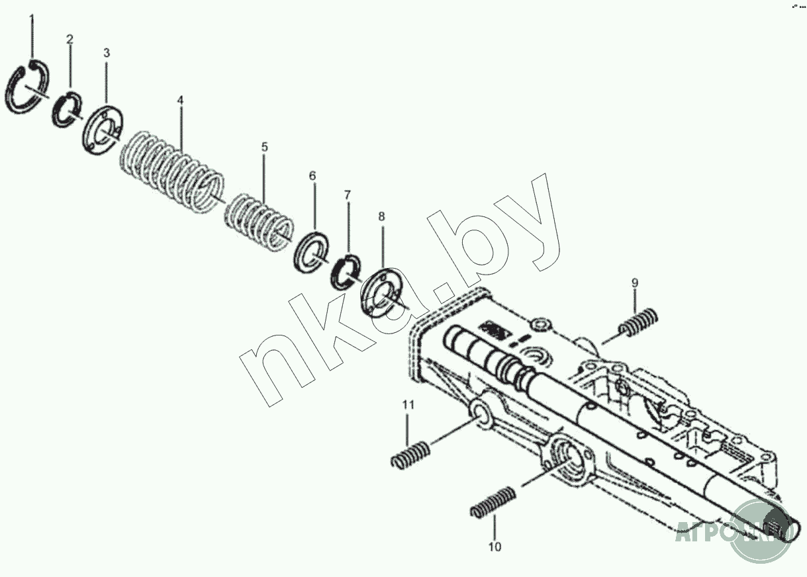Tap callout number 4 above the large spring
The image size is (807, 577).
pyautogui.click(x=180, y=100)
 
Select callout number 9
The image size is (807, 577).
pyautogui.click(x=634, y=283)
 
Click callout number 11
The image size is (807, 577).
pyautogui.click(x=408, y=404)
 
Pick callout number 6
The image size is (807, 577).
pyautogui.click(x=312, y=175)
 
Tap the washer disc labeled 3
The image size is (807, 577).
pyautogui.click(x=101, y=132)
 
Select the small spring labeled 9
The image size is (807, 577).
pyautogui.click(x=639, y=323)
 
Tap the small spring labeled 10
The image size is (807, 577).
pyautogui.click(x=493, y=502)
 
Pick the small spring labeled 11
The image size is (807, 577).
pyautogui.click(x=410, y=455)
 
